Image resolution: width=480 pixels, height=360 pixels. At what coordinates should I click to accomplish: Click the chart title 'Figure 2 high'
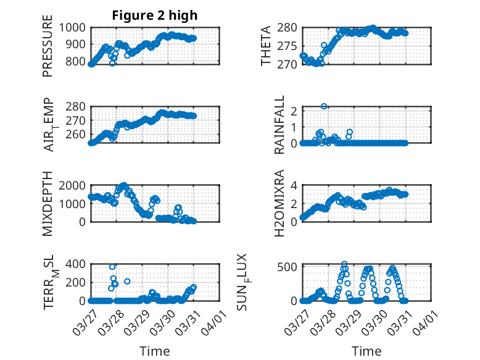pyautogui.click(x=154, y=15)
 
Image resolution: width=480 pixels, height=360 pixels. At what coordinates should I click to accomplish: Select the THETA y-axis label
pyautogui.click(x=266, y=46)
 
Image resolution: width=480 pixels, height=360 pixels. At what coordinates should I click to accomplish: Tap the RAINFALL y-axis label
pyautogui.click(x=279, y=125)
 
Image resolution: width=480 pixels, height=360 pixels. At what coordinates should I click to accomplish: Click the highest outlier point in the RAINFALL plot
pyautogui.click(x=324, y=106)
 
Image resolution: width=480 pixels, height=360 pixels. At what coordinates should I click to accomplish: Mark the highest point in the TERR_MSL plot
pyautogui.click(x=112, y=267)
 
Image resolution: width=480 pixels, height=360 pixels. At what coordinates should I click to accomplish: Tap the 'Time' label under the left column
pyautogui.click(x=155, y=351)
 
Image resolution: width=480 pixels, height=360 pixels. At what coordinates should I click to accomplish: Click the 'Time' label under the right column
pyautogui.click(x=366, y=351)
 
